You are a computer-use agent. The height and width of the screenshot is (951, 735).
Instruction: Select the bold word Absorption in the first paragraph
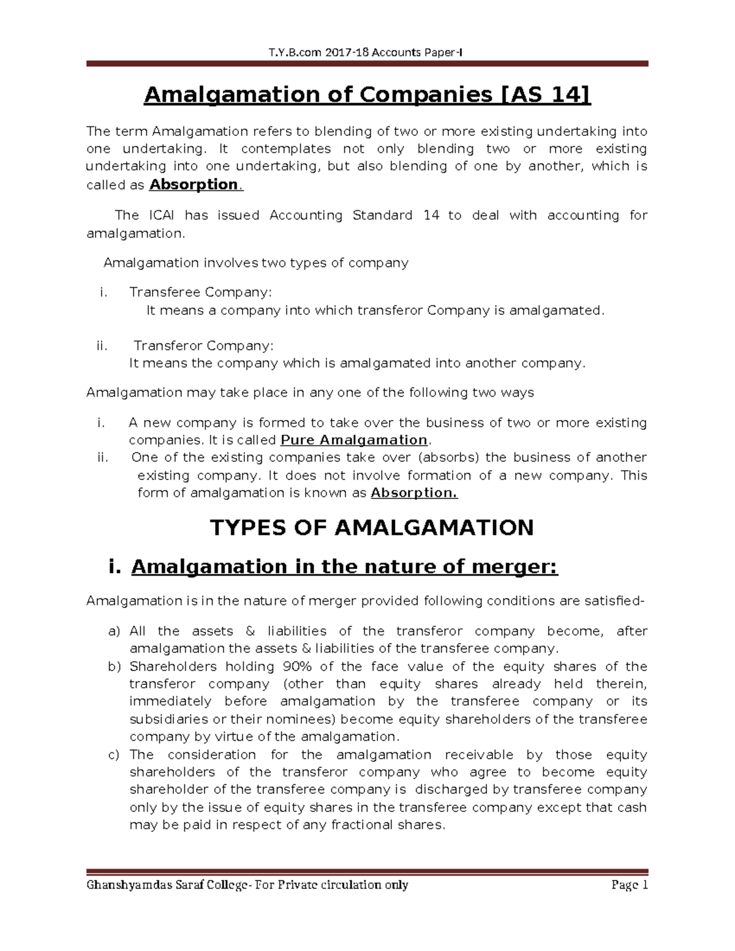coord(194,184)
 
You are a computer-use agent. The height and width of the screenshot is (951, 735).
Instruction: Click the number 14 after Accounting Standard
coord(431,216)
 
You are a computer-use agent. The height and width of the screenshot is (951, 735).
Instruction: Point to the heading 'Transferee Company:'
coord(200,292)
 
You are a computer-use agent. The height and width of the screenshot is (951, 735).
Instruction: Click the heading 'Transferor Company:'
coord(204,346)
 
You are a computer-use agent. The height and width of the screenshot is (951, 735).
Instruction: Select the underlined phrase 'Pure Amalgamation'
coord(353,440)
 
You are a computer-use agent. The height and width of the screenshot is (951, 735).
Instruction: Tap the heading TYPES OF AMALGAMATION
coord(372,528)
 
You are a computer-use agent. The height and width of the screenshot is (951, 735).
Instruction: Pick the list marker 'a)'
coord(114,631)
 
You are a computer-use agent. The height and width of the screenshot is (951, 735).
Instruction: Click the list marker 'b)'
coord(114,666)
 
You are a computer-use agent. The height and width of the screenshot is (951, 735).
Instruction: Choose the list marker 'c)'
coord(113,755)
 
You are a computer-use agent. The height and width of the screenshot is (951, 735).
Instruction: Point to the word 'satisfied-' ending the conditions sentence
coord(615,601)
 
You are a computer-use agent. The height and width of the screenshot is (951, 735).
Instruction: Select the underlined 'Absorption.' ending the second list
coord(414,493)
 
